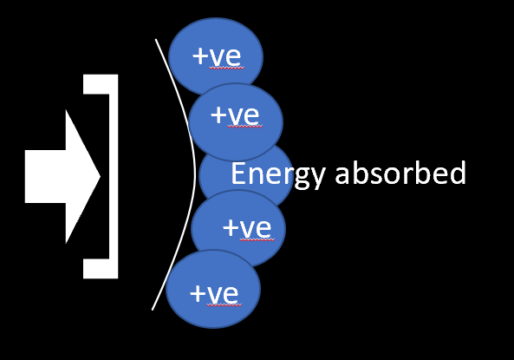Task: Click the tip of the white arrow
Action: click(x=100, y=177)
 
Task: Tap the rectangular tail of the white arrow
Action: click(x=46, y=177)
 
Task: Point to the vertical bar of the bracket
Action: click(x=114, y=177)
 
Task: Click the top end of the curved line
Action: click(x=156, y=39)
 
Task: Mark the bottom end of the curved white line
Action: click(x=152, y=310)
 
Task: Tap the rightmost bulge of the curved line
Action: click(x=195, y=174)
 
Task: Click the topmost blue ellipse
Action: click(x=216, y=56)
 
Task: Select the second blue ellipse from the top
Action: click(x=236, y=122)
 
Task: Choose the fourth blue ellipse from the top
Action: click(x=238, y=229)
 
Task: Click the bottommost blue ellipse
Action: click(x=213, y=289)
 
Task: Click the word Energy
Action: click(x=278, y=174)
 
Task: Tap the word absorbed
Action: click(x=400, y=173)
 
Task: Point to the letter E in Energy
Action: click(x=238, y=173)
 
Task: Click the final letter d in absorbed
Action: click(x=458, y=173)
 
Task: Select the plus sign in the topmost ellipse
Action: click(x=200, y=56)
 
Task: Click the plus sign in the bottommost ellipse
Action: click(x=198, y=293)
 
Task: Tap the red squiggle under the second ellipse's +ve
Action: click(x=245, y=126)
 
